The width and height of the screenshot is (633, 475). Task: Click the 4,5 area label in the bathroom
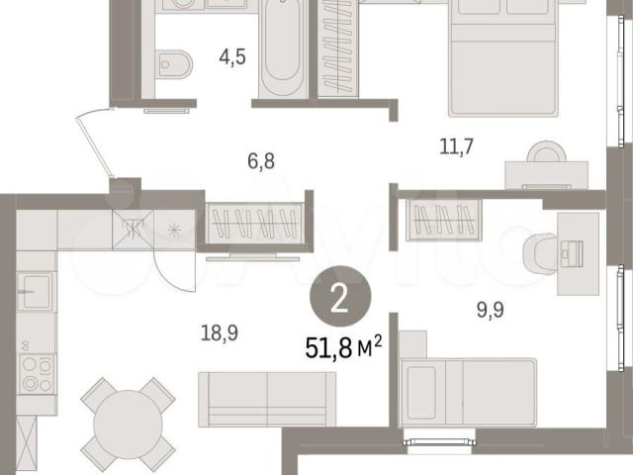232,57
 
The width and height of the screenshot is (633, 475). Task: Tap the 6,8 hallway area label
261,161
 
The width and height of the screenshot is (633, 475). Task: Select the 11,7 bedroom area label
456,146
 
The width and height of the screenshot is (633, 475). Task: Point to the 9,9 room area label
491,310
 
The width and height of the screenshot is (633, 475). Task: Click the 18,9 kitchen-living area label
220,333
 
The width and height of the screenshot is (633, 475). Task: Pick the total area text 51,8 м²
343,347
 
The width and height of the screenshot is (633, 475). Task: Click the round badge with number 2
340,297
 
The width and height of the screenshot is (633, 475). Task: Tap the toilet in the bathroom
174,64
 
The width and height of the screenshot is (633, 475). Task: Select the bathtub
283,48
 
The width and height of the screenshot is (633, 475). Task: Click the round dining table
128,425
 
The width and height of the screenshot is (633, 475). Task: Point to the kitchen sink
37,291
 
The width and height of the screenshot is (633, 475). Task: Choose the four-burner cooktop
37,374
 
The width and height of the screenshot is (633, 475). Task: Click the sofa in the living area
267,400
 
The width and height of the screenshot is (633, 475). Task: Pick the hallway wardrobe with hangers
255,224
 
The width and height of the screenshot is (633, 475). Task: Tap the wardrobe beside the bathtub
338,48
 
